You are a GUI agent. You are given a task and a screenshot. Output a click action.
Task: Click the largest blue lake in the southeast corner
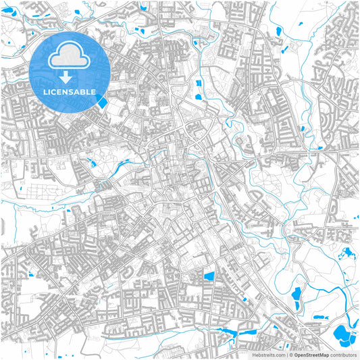point(342,333)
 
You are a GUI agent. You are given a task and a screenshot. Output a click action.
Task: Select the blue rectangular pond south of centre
point(209,276)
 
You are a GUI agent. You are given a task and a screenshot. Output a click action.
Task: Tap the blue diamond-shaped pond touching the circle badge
point(102,102)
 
